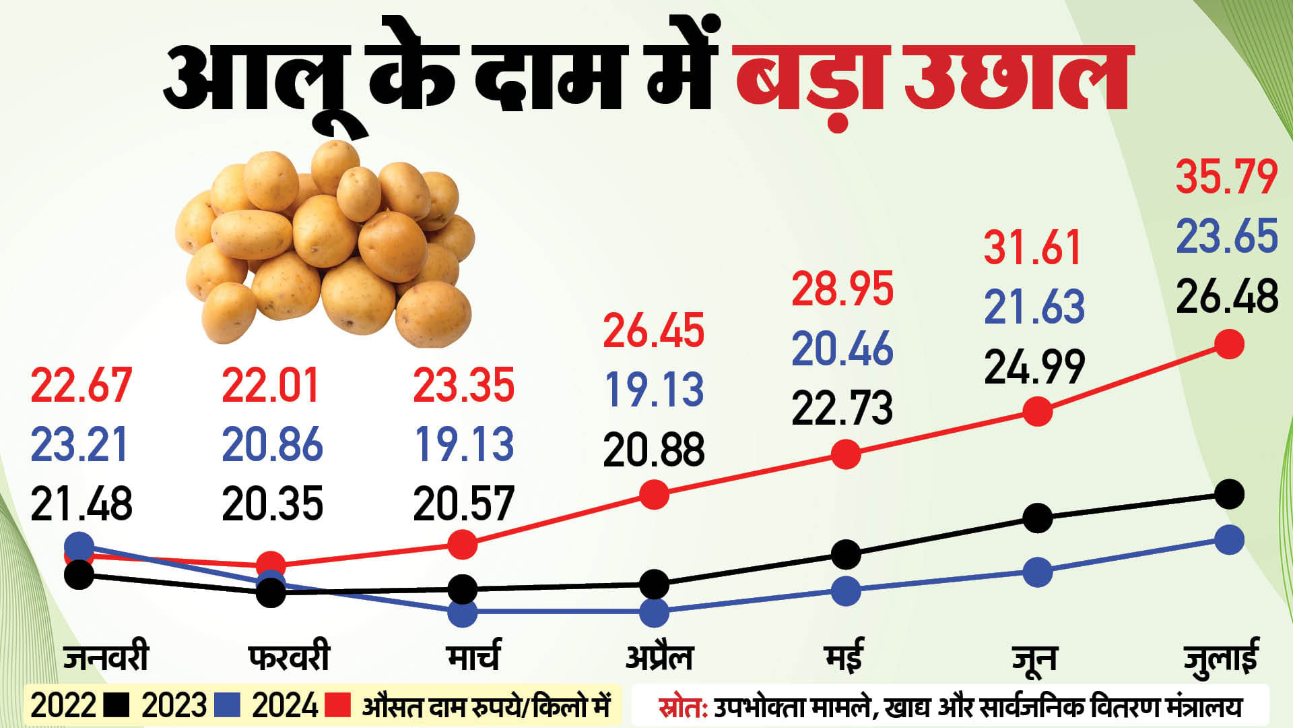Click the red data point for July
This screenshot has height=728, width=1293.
1229,344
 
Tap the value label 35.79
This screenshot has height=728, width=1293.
1226,177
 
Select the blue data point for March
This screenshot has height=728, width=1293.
463,613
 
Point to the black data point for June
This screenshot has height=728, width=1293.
1037,518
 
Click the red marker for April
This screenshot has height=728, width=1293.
654,495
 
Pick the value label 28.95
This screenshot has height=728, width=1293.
842,289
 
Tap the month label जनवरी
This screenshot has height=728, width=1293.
106,657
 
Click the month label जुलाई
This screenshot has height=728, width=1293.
1220,659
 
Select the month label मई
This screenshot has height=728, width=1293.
844,656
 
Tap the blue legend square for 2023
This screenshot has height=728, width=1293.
227,706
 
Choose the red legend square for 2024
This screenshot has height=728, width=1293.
337,706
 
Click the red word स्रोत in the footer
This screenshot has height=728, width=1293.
682,707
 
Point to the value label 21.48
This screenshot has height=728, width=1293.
81,504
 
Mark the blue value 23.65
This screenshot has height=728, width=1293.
1226,237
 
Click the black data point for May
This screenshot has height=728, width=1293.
846,554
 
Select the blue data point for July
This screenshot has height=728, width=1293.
1229,539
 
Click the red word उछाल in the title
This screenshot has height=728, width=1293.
1017,76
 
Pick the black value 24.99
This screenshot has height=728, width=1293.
1034,367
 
